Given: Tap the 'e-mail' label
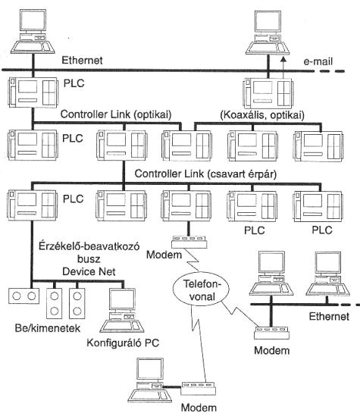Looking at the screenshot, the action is [318, 61].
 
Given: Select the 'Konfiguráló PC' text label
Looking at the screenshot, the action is [123, 343].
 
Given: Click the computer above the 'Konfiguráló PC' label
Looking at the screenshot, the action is [122, 310].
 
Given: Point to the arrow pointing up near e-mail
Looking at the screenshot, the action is [283, 67].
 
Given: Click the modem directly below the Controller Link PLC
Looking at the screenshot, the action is [189, 242].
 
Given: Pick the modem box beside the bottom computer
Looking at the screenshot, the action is [199, 388].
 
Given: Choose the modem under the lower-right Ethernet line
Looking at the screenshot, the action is [271, 333].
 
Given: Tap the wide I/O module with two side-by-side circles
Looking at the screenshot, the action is [24, 296].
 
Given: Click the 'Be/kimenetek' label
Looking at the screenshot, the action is [48, 328].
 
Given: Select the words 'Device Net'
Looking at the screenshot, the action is [89, 271].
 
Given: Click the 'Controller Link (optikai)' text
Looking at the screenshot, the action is [116, 114].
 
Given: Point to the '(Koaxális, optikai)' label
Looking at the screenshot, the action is [262, 115].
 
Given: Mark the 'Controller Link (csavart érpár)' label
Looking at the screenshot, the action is [205, 174].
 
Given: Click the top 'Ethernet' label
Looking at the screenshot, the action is [82, 61].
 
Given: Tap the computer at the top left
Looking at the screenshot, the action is [33, 31].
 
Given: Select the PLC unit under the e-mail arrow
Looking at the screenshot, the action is [267, 93].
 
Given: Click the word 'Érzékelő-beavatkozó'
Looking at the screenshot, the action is [89, 246].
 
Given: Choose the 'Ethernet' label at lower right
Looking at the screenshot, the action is [329, 316].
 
